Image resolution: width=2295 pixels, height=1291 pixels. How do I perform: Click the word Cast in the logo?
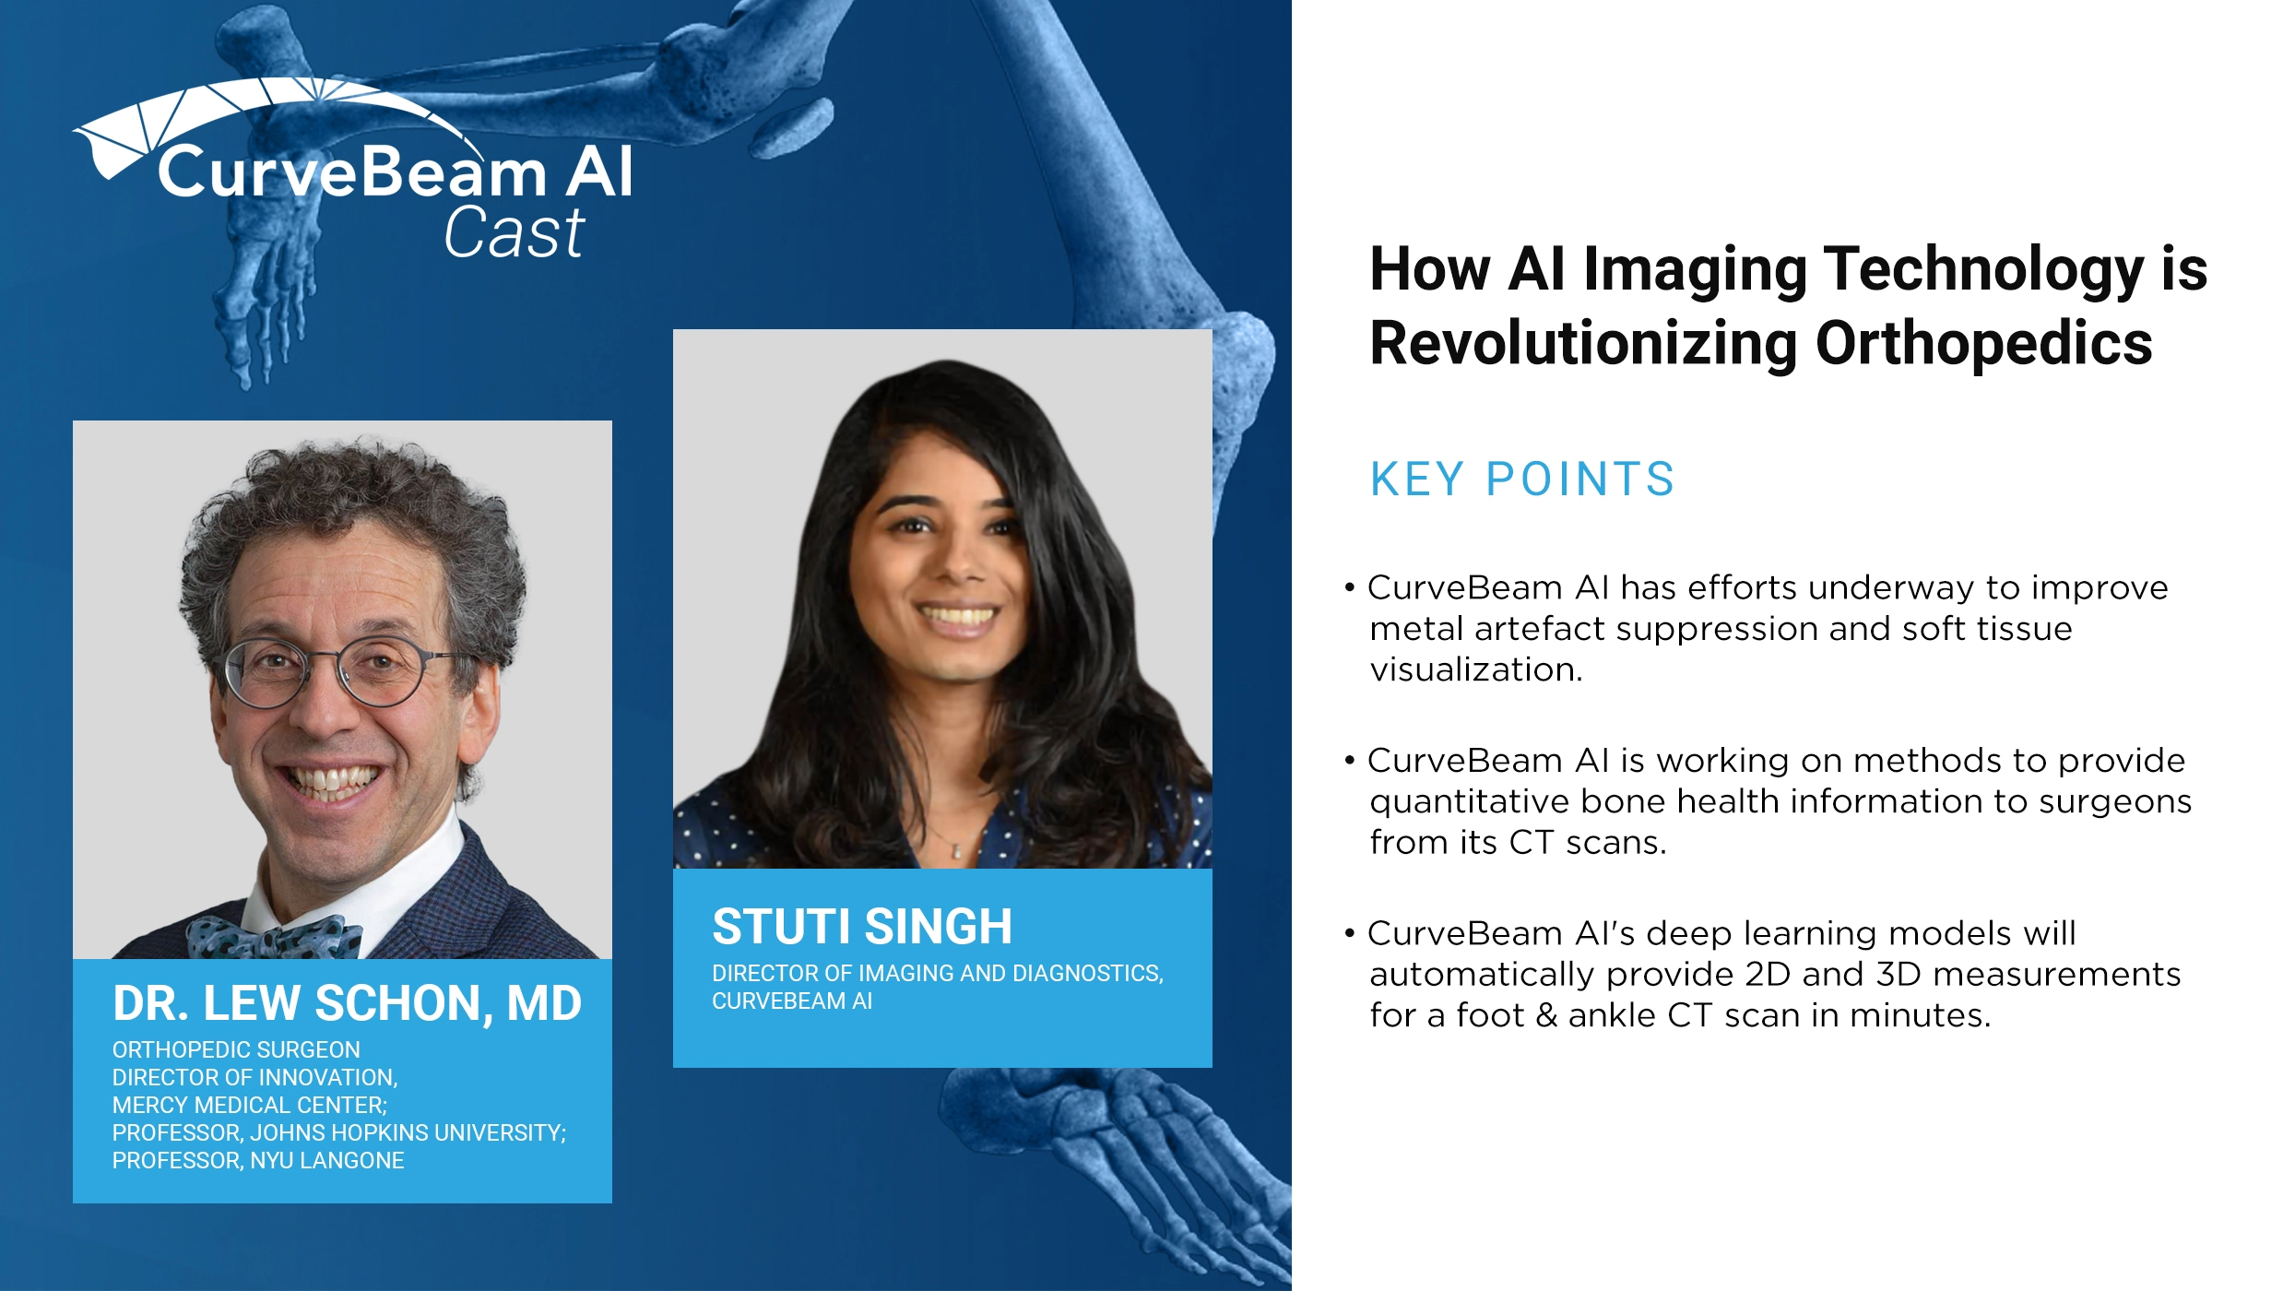[x=514, y=232]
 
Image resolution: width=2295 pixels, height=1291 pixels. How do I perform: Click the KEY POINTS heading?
[x=1521, y=480]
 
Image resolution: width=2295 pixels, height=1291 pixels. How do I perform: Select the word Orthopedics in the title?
[x=1983, y=343]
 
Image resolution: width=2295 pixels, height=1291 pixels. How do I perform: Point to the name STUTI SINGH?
[x=862, y=927]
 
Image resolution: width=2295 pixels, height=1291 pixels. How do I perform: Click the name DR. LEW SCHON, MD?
[x=347, y=1003]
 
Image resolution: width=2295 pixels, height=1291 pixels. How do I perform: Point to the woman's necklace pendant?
[x=956, y=851]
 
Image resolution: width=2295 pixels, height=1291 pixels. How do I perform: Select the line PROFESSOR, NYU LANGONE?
[x=258, y=1160]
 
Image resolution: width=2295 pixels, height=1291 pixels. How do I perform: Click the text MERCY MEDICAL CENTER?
[x=249, y=1105]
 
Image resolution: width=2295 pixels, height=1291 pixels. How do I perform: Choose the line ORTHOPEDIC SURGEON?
[x=236, y=1049]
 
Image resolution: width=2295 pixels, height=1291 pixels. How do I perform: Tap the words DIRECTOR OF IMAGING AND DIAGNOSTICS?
[x=937, y=973]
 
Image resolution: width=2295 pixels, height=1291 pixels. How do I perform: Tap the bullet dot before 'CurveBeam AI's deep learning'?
[x=1350, y=934]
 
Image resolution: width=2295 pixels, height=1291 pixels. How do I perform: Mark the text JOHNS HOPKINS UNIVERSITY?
[x=408, y=1132]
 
